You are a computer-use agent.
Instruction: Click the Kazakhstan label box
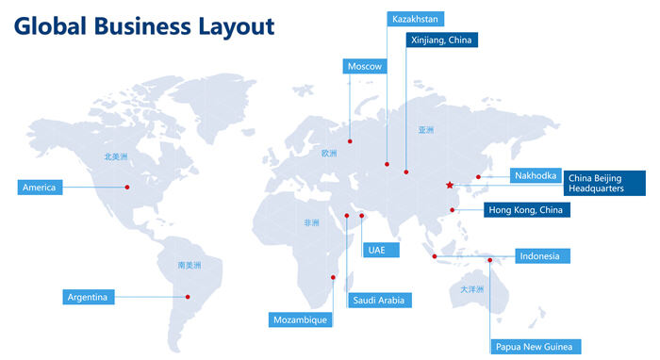click(x=415, y=18)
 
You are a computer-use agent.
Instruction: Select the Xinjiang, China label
click(x=441, y=40)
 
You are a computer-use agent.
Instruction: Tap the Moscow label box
click(x=365, y=66)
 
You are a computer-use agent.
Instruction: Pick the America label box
click(x=40, y=188)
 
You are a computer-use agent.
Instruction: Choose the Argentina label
click(x=89, y=298)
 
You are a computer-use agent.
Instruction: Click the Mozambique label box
click(x=300, y=319)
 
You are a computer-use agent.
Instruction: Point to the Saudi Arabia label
click(x=378, y=301)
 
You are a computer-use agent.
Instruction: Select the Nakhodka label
click(x=536, y=176)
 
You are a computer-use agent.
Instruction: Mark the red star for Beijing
click(x=450, y=185)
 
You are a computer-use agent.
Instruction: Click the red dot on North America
click(x=127, y=187)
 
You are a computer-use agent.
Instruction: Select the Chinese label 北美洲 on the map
click(x=115, y=158)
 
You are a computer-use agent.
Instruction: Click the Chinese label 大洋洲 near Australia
click(x=471, y=289)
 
